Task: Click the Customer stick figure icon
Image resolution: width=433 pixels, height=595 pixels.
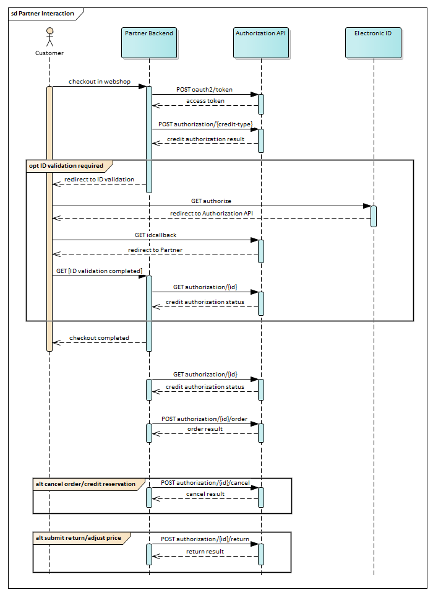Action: click(49, 38)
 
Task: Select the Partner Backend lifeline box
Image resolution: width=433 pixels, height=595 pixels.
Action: click(149, 42)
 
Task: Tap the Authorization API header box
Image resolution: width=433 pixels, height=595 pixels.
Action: click(261, 42)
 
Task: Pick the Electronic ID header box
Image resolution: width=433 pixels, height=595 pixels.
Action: click(374, 42)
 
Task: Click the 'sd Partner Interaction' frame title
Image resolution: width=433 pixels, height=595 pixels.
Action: click(43, 13)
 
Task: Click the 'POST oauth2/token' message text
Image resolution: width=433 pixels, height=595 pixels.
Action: click(204, 90)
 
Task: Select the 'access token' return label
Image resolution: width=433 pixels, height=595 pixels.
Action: click(205, 101)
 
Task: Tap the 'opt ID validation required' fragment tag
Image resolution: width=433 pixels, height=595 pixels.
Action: click(66, 166)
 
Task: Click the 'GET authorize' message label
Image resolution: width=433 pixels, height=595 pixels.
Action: click(211, 201)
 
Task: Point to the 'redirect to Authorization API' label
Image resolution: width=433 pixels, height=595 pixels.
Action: click(211, 214)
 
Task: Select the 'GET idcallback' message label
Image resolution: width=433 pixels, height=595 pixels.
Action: click(155, 235)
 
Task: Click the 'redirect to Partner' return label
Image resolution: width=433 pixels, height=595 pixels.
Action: click(155, 250)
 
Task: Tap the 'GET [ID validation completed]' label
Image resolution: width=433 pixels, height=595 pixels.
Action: click(99, 271)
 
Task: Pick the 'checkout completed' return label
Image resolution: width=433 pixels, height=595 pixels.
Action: click(99, 338)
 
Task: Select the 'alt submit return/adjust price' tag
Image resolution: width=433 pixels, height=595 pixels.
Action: click(79, 539)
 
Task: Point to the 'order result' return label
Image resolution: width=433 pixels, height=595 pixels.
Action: click(205, 429)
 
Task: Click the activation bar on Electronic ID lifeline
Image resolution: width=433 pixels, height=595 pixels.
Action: click(374, 216)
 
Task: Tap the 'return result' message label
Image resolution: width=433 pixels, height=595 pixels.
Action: click(205, 552)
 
